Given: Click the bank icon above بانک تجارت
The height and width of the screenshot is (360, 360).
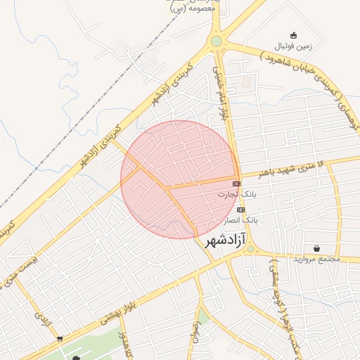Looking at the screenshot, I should tap(236, 184).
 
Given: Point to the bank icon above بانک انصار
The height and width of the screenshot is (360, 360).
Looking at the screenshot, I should tap(241, 210).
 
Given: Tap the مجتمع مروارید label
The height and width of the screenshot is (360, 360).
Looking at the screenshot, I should tap(318, 259).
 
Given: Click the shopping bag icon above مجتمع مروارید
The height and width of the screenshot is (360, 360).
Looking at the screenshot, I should tap(318, 248).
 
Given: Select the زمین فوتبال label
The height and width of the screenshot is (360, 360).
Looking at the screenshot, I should tap(293, 46).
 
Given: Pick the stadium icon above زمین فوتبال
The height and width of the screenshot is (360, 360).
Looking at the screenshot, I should tap(293, 35).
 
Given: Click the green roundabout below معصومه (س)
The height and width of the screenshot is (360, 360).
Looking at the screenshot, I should tap(217, 41).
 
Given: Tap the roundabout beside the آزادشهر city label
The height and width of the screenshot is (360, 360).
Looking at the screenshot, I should tap(250, 248).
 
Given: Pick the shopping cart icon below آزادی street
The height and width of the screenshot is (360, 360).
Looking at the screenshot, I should tap(59, 339).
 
